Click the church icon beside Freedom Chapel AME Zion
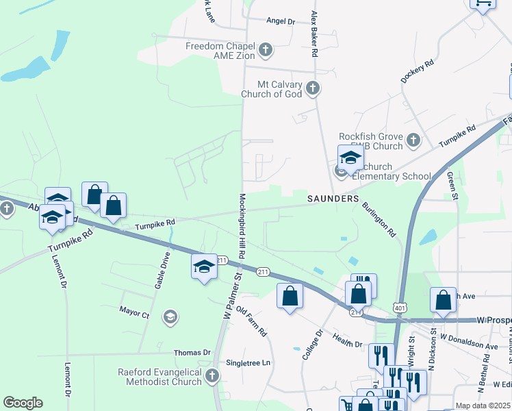coord(266,50)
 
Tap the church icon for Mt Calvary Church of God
coord(313,88)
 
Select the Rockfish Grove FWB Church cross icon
coord(413,140)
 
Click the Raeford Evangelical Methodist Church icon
coord(212,375)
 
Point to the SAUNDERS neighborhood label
coord(333,199)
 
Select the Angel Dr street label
coord(281,22)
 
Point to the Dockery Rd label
coord(418,73)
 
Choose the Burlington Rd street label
coord(379,219)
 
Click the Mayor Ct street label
coord(134,314)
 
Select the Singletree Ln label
coord(248,362)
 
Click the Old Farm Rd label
coord(251,322)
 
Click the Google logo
coord(23,403)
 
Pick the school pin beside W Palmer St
coord(203,267)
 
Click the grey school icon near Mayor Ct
coord(169,316)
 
